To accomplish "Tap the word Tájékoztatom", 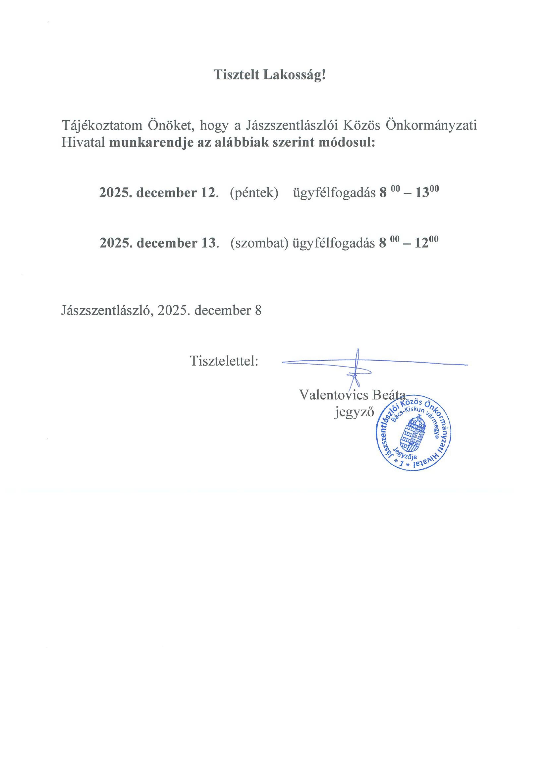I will coord(102,126).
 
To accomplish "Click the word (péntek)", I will coord(254,193).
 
